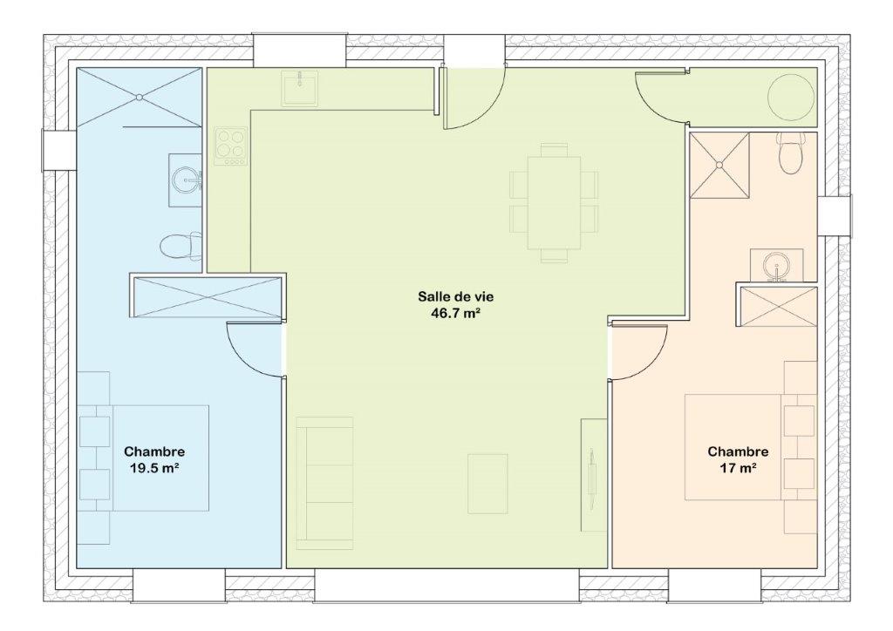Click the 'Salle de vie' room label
click(455, 296)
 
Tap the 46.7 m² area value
click(456, 313)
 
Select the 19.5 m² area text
click(154, 468)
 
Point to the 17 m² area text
click(738, 468)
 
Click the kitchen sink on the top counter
click(300, 88)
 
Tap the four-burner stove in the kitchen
click(231, 146)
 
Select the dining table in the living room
click(554, 203)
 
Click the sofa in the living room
click(324, 483)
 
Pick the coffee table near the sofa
click(487, 484)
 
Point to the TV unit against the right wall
click(594, 475)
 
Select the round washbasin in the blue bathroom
click(186, 180)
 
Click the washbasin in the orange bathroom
click(776, 265)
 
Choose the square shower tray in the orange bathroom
click(719, 166)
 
